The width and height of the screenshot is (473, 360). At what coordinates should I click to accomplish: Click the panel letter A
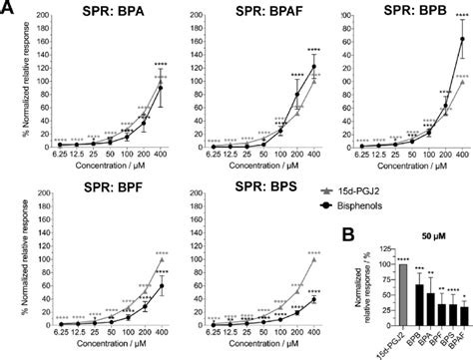point(8,9)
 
